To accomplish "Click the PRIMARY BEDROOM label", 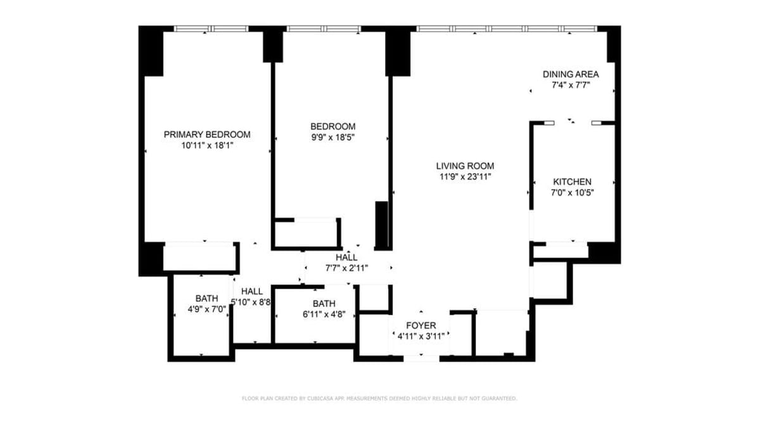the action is coord(207,134).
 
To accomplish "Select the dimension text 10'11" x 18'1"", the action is coord(207,145).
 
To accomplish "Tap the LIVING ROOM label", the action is coord(465,166).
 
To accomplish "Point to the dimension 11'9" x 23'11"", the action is coord(465,177).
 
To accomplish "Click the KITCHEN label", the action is coord(572,182).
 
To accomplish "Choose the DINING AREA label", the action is coord(571,74).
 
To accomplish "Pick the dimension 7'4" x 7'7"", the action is coord(571,85).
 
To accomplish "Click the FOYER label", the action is coord(421,326).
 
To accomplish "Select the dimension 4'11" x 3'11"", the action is coord(421,337).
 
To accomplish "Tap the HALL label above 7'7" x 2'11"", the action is coord(346,257).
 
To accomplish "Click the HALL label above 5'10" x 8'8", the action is coord(252,292).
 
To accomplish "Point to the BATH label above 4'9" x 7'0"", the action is coord(206,299).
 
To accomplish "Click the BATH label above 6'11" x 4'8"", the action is coord(324,304).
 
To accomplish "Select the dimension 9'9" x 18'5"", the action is coord(333,138).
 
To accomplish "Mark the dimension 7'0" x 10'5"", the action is coord(572,193).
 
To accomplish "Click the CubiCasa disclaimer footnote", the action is coord(379,398).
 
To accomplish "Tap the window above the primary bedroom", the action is coord(211,29).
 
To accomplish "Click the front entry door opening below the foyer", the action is coord(421,358).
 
